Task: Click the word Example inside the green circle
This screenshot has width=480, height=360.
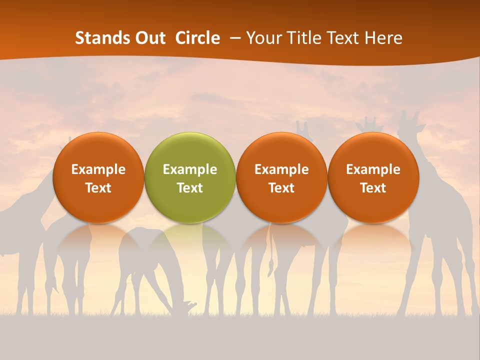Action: tap(190, 169)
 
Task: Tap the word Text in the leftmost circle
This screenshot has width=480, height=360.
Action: tap(98, 188)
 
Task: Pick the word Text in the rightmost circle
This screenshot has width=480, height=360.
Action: tap(373, 188)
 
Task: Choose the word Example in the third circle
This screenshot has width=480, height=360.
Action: tap(281, 169)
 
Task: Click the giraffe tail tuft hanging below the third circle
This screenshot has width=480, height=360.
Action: tap(270, 265)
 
